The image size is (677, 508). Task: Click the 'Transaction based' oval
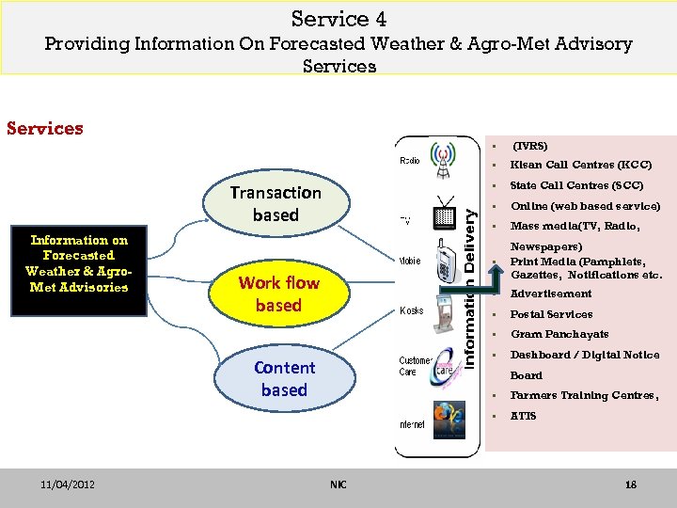click(x=275, y=203)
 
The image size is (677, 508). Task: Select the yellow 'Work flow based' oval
click(x=278, y=294)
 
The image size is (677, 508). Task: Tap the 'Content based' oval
click(x=284, y=378)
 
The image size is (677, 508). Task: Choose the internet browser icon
click(x=448, y=420)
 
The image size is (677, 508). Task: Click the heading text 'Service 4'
click(x=338, y=19)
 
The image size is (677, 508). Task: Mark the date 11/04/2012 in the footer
click(x=67, y=484)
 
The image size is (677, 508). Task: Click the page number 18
click(x=631, y=484)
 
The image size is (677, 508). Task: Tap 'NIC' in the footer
click(x=338, y=484)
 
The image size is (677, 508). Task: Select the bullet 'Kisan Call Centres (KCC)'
click(x=581, y=166)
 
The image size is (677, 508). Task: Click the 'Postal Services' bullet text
click(x=552, y=314)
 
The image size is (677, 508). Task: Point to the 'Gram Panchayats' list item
click(x=559, y=334)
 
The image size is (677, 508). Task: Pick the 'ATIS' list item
click(x=524, y=416)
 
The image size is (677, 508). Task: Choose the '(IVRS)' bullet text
click(x=530, y=146)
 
